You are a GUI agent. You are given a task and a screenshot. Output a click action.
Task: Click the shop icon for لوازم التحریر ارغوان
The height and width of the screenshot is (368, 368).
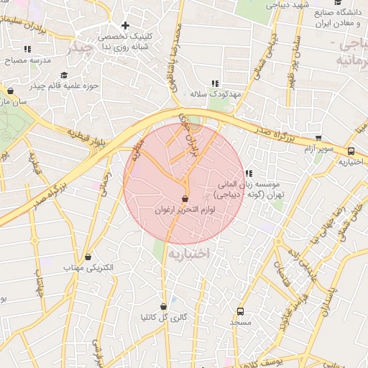tap(185, 198)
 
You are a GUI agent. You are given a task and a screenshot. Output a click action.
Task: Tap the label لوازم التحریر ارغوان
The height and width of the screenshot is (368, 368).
tap(184, 209)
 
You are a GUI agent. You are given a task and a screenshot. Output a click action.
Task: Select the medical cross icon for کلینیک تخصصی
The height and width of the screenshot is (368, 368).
tap(125, 26)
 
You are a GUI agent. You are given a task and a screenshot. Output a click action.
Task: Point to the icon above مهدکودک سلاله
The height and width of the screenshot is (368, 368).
tap(214, 83)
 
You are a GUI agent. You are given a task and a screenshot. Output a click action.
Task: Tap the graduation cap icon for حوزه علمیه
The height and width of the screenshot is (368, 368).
tap(64, 75)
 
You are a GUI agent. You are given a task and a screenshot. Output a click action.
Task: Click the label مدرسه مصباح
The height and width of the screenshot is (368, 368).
tap(28, 60)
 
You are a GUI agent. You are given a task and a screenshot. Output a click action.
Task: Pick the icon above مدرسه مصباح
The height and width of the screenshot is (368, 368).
tap(27, 50)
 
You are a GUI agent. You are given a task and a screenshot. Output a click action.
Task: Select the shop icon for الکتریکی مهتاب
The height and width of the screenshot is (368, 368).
tap(88, 257)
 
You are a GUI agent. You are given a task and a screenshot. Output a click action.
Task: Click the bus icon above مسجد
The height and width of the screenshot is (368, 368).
tap(240, 312)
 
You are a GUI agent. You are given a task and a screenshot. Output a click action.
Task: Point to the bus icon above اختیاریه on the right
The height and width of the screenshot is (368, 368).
tap(351, 152)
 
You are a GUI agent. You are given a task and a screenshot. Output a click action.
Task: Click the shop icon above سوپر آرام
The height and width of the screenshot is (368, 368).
tap(318, 139)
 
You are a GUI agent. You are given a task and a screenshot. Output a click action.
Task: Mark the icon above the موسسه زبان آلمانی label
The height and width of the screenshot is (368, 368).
tap(249, 173)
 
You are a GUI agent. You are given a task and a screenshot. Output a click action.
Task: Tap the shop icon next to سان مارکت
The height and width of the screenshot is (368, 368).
tap(10, 91)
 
